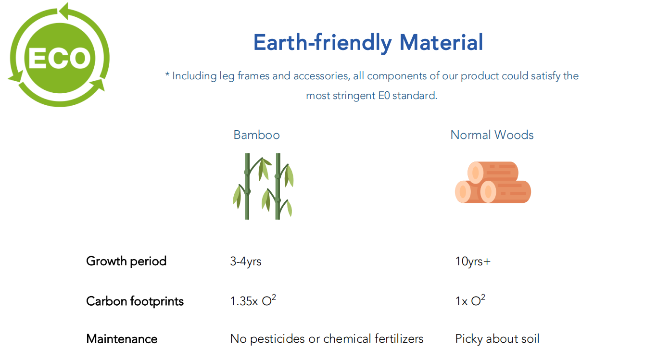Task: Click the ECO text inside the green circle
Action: point(60,58)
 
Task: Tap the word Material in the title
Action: point(441,42)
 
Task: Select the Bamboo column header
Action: point(257,135)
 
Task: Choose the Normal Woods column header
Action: point(492,135)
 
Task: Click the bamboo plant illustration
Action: point(263,186)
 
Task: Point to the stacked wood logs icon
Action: point(493,182)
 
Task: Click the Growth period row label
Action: point(126,261)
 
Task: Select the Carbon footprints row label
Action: point(135,301)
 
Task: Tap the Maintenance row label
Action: point(122,339)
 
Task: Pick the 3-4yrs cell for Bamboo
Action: point(246,261)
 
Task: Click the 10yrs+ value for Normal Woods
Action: point(473,261)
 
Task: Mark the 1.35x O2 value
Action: point(253,300)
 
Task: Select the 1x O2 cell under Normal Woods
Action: point(470,300)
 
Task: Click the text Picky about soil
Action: point(497,339)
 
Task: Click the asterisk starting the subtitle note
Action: point(167,74)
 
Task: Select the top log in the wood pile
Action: point(493,172)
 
